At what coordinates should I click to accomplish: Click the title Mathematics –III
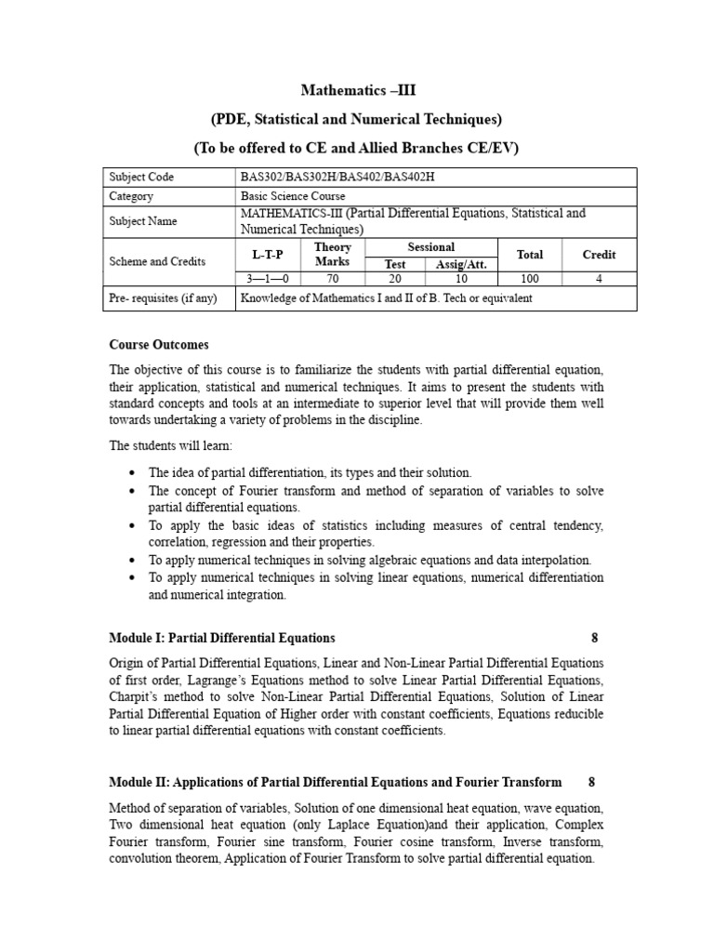click(x=356, y=90)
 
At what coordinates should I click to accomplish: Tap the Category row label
click(x=131, y=196)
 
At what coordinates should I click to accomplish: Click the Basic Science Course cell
click(x=293, y=196)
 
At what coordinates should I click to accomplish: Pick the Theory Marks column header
click(x=333, y=254)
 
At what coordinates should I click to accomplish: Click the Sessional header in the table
click(x=431, y=246)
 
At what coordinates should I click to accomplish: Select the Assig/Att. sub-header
click(x=462, y=264)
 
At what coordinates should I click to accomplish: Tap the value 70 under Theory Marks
click(x=333, y=279)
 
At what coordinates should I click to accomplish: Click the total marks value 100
click(x=531, y=279)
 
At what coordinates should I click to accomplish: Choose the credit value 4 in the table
click(x=599, y=279)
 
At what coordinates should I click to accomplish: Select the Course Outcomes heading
click(x=159, y=345)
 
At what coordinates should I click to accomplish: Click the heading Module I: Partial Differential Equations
click(x=222, y=638)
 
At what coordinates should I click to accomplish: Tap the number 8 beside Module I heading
click(x=595, y=638)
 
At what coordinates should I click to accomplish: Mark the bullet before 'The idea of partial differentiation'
click(x=135, y=473)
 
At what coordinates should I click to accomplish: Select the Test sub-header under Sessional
click(x=395, y=264)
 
